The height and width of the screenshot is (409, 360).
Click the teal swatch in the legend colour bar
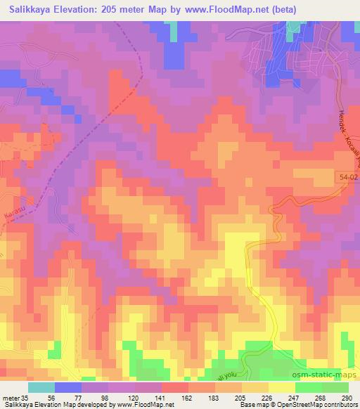pyautogui.click(x=41, y=387)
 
